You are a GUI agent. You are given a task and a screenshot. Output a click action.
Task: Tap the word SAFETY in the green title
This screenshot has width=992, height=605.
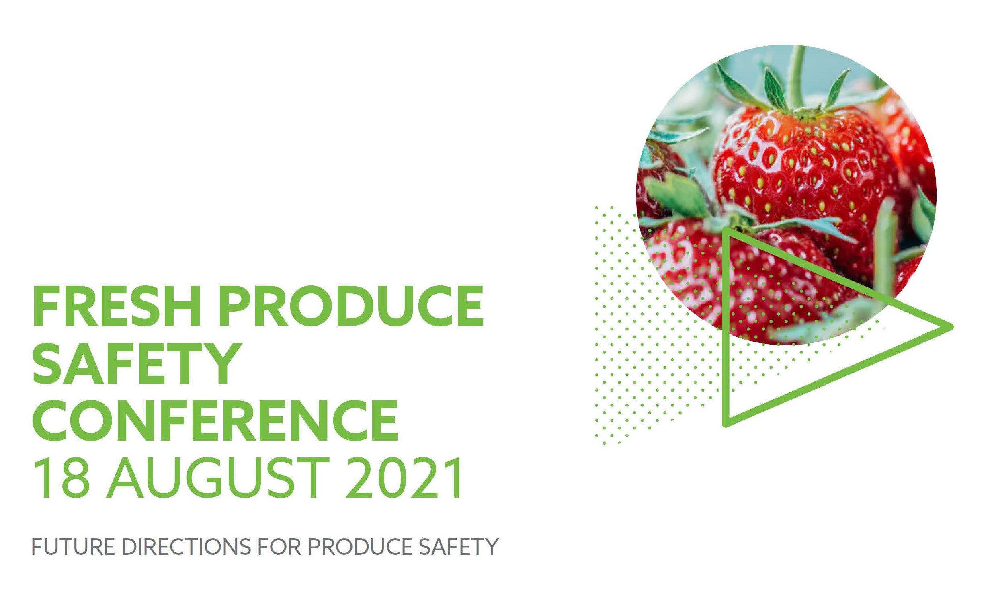coord(135,363)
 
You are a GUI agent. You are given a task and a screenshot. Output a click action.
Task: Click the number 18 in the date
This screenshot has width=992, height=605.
coord(60,478)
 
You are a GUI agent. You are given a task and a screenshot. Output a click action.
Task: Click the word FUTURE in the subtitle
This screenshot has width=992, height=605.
coord(73,547)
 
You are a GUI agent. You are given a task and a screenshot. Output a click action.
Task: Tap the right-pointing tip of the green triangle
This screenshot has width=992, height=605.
coord(950,326)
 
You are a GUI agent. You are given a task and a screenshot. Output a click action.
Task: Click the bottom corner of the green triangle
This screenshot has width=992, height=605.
coord(726,424)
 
